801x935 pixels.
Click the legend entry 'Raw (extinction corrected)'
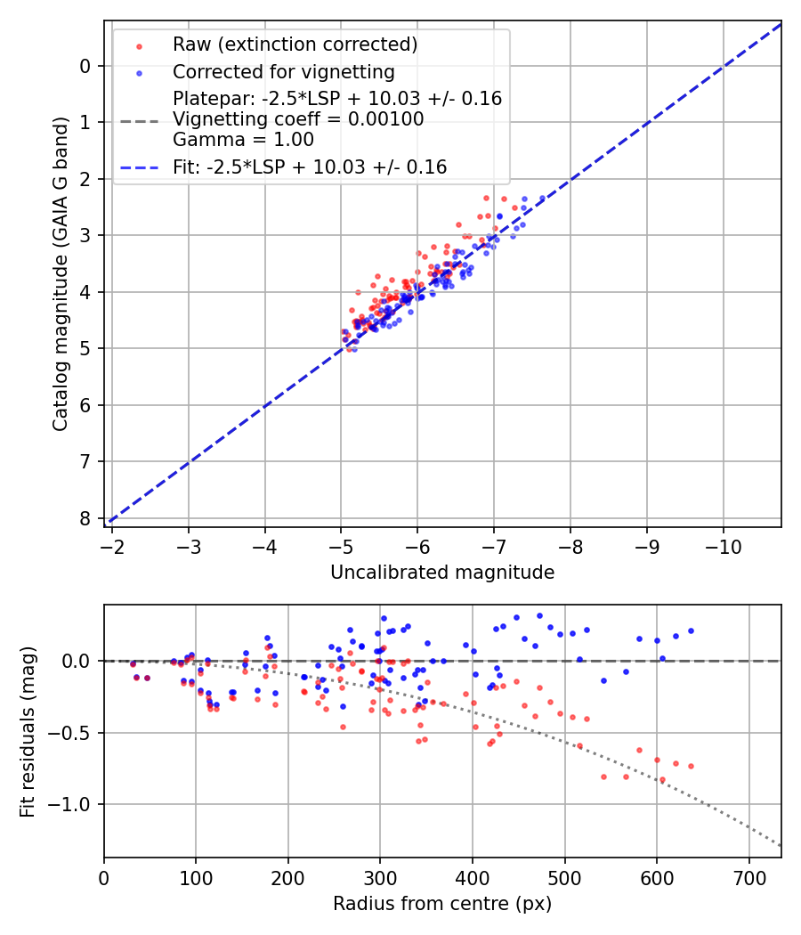(x=295, y=45)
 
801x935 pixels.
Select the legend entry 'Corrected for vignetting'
(x=283, y=71)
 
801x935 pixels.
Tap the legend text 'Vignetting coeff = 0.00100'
(x=298, y=119)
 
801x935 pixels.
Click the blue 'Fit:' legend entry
(x=309, y=167)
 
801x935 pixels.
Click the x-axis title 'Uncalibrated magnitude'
(x=442, y=573)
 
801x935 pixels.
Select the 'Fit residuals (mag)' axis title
(x=28, y=732)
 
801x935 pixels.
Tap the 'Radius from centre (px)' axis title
(x=442, y=904)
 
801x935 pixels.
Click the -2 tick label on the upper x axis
(x=112, y=543)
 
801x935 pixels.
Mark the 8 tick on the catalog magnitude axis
(x=85, y=518)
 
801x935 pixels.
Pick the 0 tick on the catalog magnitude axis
(x=85, y=66)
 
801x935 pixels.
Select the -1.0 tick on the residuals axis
(x=76, y=804)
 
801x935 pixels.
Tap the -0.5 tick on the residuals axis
(x=76, y=733)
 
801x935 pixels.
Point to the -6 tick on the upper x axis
(x=417, y=543)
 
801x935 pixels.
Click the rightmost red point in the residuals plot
(x=691, y=766)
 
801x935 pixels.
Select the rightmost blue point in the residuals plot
(x=691, y=630)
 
